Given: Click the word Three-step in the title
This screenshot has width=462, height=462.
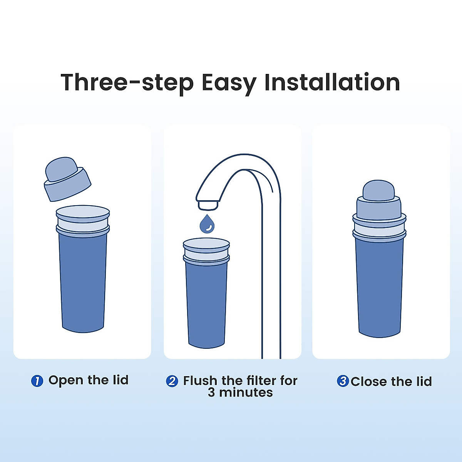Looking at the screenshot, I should [x=127, y=82].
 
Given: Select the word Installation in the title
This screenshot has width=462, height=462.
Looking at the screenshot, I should [x=332, y=82].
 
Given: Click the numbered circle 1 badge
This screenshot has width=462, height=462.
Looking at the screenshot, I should [x=37, y=381].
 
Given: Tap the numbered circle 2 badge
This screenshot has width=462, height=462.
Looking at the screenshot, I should [x=172, y=381].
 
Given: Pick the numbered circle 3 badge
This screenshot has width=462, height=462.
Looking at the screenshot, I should [x=343, y=381].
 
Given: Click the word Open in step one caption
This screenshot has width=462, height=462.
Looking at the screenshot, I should [x=65, y=380].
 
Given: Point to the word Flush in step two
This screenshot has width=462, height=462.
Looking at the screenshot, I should [x=200, y=381].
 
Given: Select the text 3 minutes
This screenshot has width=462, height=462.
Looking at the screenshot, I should [x=240, y=393].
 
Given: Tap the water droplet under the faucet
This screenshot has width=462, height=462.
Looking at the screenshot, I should [x=207, y=224].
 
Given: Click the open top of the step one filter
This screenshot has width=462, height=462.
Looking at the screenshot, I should [x=83, y=212].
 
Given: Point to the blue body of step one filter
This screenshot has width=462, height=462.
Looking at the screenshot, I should [x=83, y=281].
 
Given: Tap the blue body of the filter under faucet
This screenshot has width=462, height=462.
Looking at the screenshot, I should [x=206, y=304].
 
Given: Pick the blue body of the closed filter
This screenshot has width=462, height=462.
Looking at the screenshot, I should [x=379, y=289].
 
